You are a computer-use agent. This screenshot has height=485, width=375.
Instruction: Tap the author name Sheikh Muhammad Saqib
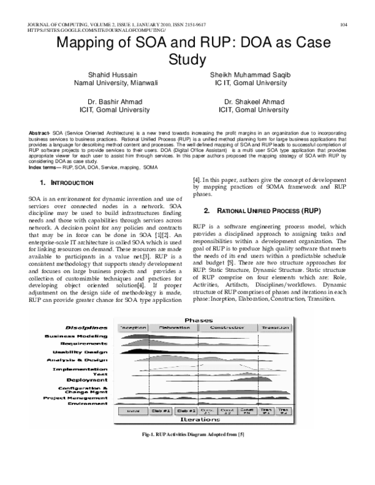(250, 74)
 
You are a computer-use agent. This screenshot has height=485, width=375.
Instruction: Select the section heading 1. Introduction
(66, 182)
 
